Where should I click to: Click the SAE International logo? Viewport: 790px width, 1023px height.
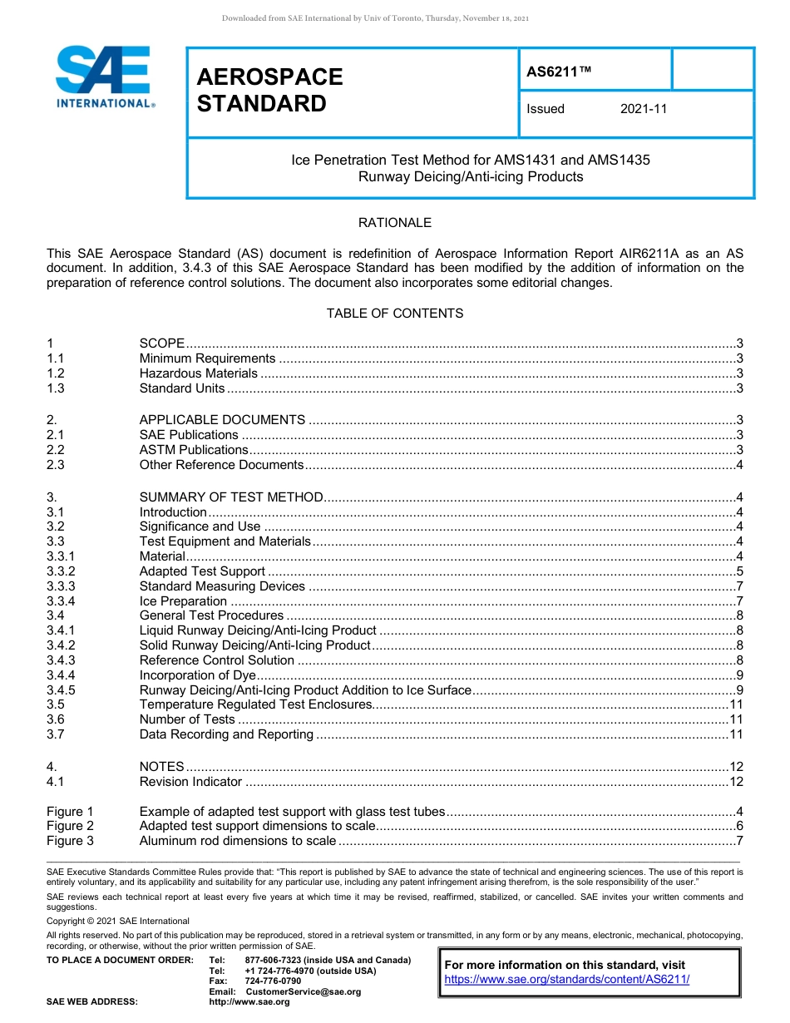click(x=104, y=77)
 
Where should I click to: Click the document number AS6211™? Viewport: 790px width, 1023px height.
click(x=559, y=72)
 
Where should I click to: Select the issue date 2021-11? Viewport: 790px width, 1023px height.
click(x=643, y=109)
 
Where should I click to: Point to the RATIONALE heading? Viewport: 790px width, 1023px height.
click(x=394, y=223)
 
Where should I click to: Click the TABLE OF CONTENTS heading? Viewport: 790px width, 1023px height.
click(x=394, y=314)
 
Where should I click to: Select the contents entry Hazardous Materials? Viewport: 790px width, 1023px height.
click(x=198, y=373)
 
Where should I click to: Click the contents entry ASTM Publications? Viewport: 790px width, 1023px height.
click(x=194, y=450)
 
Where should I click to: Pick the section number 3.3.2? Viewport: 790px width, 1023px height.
click(x=61, y=571)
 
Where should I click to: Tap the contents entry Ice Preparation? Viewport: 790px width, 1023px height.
click(x=183, y=601)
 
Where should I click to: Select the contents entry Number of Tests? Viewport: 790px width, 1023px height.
click(x=187, y=719)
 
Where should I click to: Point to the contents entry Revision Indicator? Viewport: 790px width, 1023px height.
click(x=190, y=782)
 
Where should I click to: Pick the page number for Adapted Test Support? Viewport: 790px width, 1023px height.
click(x=739, y=571)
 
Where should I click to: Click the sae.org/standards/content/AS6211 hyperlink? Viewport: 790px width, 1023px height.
click(x=567, y=979)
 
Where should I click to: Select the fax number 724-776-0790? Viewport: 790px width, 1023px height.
click(x=273, y=981)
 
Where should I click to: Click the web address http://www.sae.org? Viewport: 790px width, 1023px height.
click(x=249, y=1001)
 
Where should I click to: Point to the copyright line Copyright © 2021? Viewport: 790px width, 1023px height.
click(x=118, y=921)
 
